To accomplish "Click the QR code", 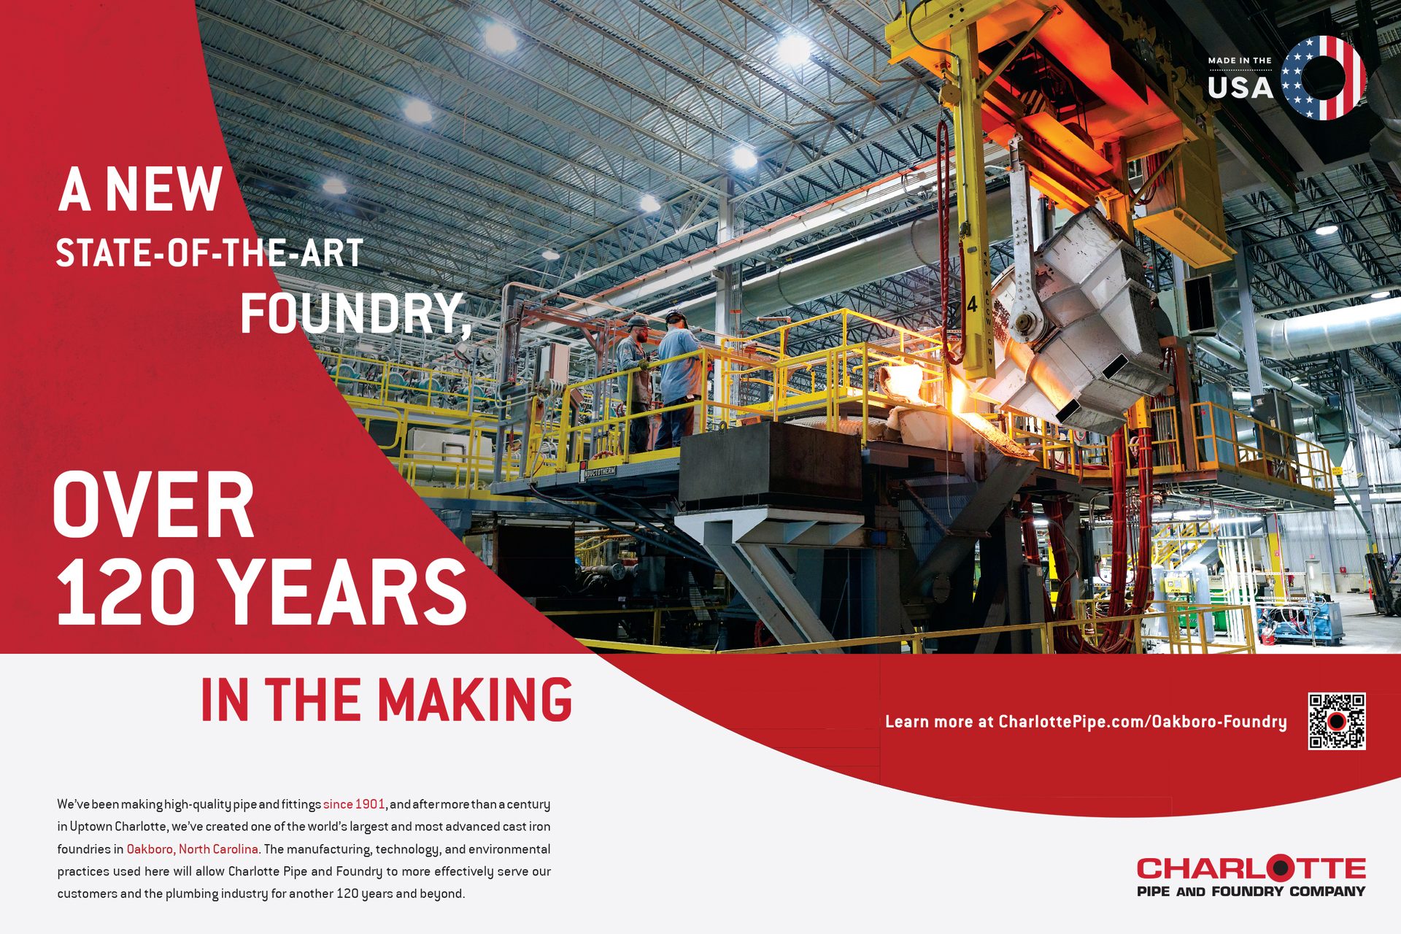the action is pyautogui.click(x=1337, y=721).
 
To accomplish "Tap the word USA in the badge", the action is pyautogui.click(x=1240, y=88).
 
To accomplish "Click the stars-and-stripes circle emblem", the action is pyautogui.click(x=1324, y=77).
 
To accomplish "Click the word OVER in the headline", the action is pyautogui.click(x=153, y=504).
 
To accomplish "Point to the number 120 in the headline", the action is pyautogui.click(x=126, y=592).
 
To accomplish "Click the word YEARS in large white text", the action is pyautogui.click(x=343, y=592).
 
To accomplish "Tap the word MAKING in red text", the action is pyautogui.click(x=474, y=700).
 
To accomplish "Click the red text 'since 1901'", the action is pyautogui.click(x=354, y=804).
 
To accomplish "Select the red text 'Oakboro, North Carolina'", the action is pyautogui.click(x=193, y=849).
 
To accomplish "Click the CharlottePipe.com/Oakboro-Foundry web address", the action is pyautogui.click(x=1143, y=722).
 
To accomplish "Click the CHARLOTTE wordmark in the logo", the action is pyautogui.click(x=1251, y=868).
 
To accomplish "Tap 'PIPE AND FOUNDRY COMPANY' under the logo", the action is pyautogui.click(x=1251, y=891).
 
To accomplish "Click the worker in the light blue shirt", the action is pyautogui.click(x=677, y=379).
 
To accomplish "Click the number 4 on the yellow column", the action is pyautogui.click(x=972, y=304).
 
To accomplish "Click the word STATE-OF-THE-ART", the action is pyautogui.click(x=209, y=253).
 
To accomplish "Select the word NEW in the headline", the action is pyautogui.click(x=163, y=190).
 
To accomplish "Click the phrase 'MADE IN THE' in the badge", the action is pyautogui.click(x=1240, y=61).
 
